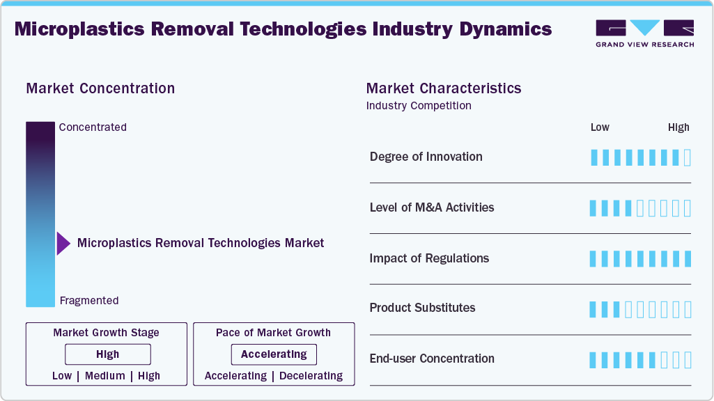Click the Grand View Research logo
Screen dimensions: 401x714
coord(644,33)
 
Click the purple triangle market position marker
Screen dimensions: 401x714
coord(63,244)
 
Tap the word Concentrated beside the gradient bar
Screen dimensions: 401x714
coord(93,127)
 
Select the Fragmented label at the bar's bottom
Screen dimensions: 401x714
coord(89,301)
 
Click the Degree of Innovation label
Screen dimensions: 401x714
coord(426,157)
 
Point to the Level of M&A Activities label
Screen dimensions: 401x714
coord(432,207)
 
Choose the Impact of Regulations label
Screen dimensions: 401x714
coord(429,258)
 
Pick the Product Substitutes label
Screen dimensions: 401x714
coord(422,308)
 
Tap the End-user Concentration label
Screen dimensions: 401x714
coord(432,359)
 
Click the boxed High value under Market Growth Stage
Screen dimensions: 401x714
coord(108,354)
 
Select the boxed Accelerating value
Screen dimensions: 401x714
coord(274,354)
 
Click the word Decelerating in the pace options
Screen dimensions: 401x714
coord(311,376)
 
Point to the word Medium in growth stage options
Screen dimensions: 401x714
coord(104,376)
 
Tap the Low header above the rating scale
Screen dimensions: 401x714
coord(600,127)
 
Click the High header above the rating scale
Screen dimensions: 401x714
coord(678,127)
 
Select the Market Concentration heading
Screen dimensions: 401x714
coord(100,88)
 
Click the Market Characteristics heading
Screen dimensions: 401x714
coord(443,88)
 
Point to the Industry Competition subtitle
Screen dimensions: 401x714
coord(419,106)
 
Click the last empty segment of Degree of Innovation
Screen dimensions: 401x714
coord(688,157)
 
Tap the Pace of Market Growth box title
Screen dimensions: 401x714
coord(273,333)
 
